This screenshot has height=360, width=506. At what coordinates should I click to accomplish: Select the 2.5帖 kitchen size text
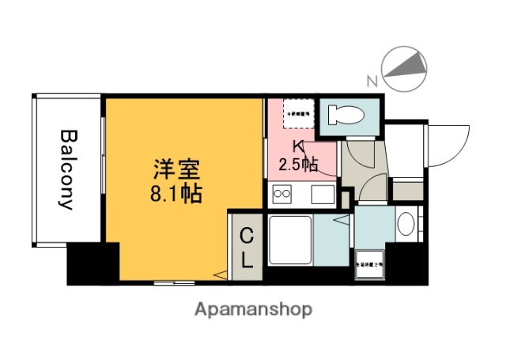click(x=298, y=165)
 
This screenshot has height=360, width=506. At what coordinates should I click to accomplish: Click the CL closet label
click(x=246, y=247)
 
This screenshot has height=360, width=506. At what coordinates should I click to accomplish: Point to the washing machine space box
click(x=369, y=264)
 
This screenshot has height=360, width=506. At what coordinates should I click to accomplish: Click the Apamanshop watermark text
click(x=253, y=309)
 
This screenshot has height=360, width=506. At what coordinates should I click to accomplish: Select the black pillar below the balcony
click(x=92, y=263)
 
